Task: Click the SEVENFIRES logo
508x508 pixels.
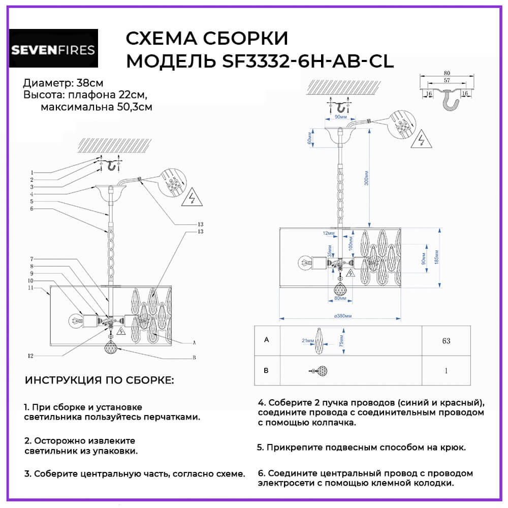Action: point(53,49)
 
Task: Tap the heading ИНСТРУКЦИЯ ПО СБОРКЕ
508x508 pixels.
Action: point(99,380)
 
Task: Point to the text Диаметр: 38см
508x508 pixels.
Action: point(63,83)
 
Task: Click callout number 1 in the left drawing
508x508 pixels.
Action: point(31,172)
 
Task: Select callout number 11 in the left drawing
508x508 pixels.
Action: point(31,288)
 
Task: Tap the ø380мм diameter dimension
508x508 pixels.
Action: point(343,315)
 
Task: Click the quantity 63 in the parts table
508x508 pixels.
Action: point(446,341)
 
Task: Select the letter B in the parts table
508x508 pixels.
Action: point(266,370)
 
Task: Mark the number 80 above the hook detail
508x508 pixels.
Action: point(447,72)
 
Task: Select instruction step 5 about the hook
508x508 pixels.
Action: point(361,447)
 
